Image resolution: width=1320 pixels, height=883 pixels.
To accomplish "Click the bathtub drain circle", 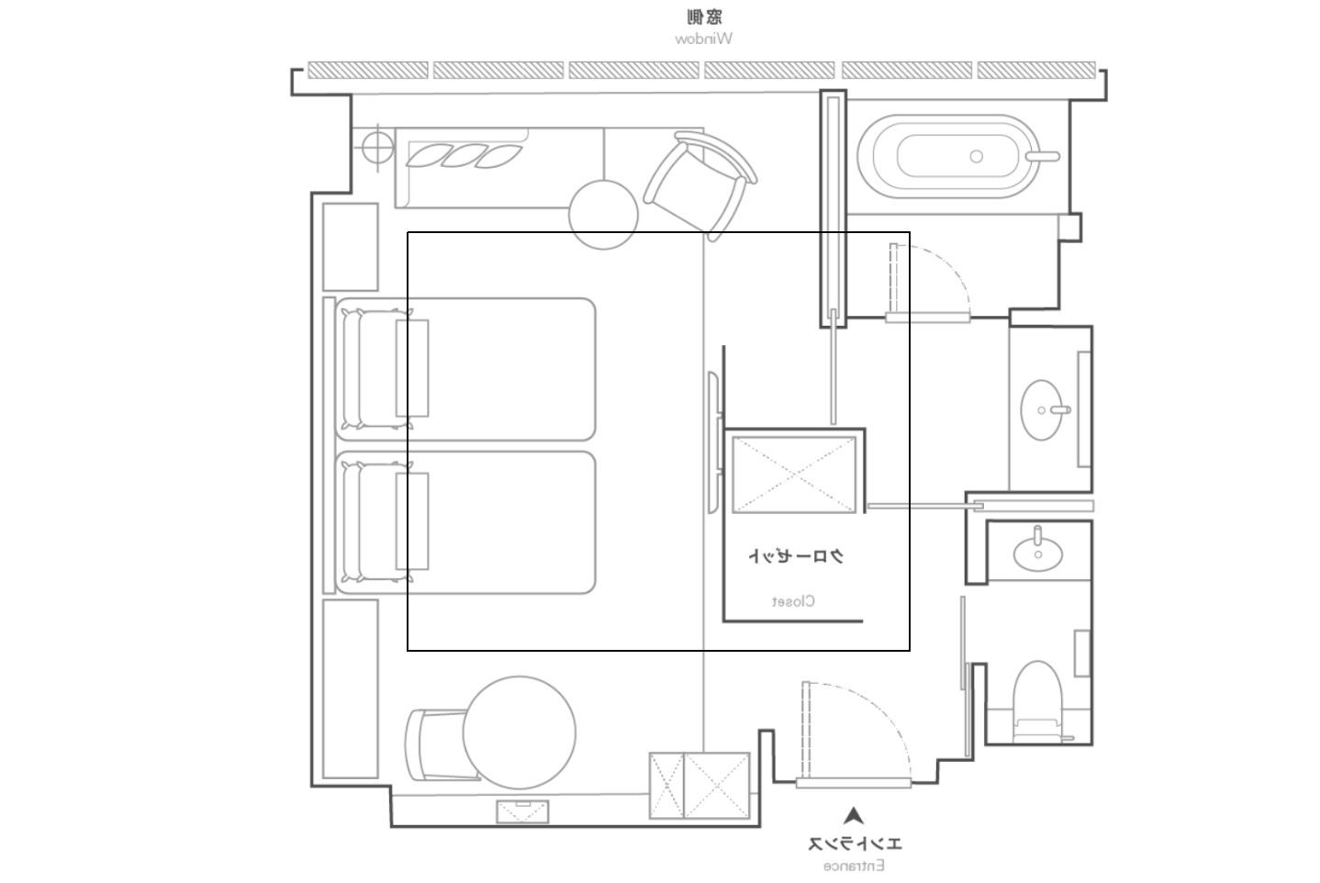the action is [x=977, y=156].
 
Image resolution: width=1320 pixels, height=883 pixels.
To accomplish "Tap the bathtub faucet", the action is [x=1042, y=156].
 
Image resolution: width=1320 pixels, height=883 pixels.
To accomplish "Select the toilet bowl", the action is [x=1037, y=701].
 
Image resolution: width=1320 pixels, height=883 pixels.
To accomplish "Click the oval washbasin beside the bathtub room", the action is [x=1042, y=409].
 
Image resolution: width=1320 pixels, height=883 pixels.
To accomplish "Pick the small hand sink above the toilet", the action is [x=1037, y=553].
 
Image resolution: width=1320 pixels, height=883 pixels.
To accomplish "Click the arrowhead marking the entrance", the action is [x=854, y=815].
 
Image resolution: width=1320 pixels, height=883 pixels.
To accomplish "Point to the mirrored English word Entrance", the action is [x=854, y=866].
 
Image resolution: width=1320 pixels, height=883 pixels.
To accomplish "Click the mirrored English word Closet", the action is [x=793, y=601].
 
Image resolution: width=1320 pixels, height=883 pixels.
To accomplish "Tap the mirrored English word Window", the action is [x=704, y=39].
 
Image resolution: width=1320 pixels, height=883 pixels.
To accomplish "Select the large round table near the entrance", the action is [x=520, y=732].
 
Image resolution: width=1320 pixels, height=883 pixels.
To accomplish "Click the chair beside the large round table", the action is [x=436, y=745].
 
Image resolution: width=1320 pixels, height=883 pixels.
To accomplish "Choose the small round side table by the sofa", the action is [x=603, y=215].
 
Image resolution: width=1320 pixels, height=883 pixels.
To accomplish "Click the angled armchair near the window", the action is [x=700, y=185].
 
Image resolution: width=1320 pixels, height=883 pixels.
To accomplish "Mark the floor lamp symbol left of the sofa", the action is [x=377, y=147].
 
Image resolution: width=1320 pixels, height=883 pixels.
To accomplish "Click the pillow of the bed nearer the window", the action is [x=377, y=369].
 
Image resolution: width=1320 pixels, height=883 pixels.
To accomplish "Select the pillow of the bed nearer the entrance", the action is [x=377, y=522].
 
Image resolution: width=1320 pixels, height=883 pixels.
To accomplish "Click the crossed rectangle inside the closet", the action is [x=794, y=475].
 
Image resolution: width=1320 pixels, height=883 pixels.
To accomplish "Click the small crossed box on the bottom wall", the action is [x=522, y=811].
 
